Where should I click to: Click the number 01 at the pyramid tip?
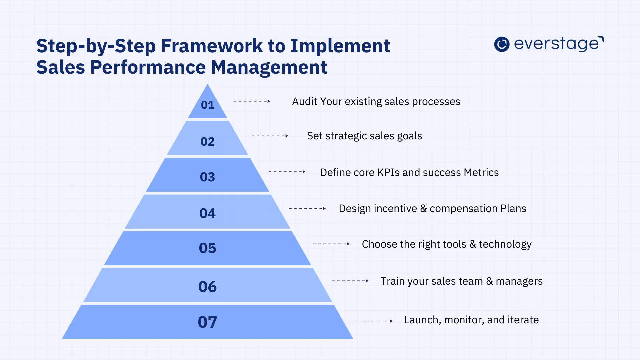207,105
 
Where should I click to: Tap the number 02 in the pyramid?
207,142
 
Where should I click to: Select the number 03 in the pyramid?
207,177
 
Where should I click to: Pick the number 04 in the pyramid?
207,213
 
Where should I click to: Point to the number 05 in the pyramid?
207,248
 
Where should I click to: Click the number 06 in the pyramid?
207,287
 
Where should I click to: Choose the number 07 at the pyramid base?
207,322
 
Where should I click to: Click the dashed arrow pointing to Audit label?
252,101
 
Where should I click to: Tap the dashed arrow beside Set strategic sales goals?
270,136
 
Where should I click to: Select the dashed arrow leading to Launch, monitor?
374,321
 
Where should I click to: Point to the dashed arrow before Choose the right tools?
331,244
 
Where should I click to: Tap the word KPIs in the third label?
388,173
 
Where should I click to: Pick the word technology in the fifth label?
505,244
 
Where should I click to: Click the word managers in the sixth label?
519,282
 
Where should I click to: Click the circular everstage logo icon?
502,44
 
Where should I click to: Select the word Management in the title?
269,68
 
